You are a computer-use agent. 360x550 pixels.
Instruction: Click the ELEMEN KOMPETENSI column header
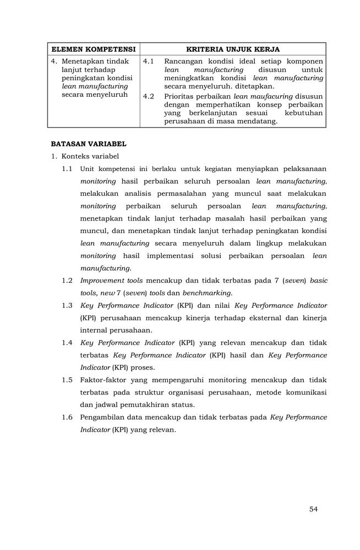93,49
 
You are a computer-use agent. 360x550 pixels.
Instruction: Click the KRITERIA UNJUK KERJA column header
233,49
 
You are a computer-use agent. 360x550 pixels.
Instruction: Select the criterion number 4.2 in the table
148,96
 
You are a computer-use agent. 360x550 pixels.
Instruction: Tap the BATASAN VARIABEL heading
89,144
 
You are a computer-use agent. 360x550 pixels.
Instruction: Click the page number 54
313,509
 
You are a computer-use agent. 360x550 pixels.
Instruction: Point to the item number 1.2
67,280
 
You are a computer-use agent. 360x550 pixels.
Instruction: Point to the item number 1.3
67,305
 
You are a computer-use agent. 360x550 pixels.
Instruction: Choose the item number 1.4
67,343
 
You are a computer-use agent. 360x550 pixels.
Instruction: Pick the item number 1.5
67,380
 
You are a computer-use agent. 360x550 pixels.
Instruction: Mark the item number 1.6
67,417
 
